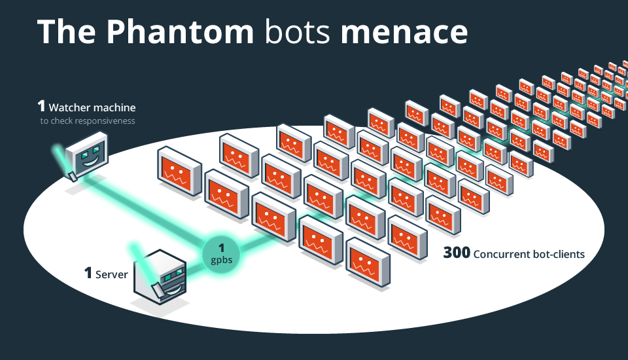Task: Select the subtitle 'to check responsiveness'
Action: point(88,120)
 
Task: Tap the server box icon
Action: point(161,278)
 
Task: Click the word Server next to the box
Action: point(112,274)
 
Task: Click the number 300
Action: point(457,253)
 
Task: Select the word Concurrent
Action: point(502,253)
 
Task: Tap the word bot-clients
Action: point(559,253)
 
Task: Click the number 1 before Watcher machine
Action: point(41,106)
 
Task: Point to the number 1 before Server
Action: point(88,273)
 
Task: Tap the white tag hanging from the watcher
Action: point(73,175)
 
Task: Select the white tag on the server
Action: point(158,289)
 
